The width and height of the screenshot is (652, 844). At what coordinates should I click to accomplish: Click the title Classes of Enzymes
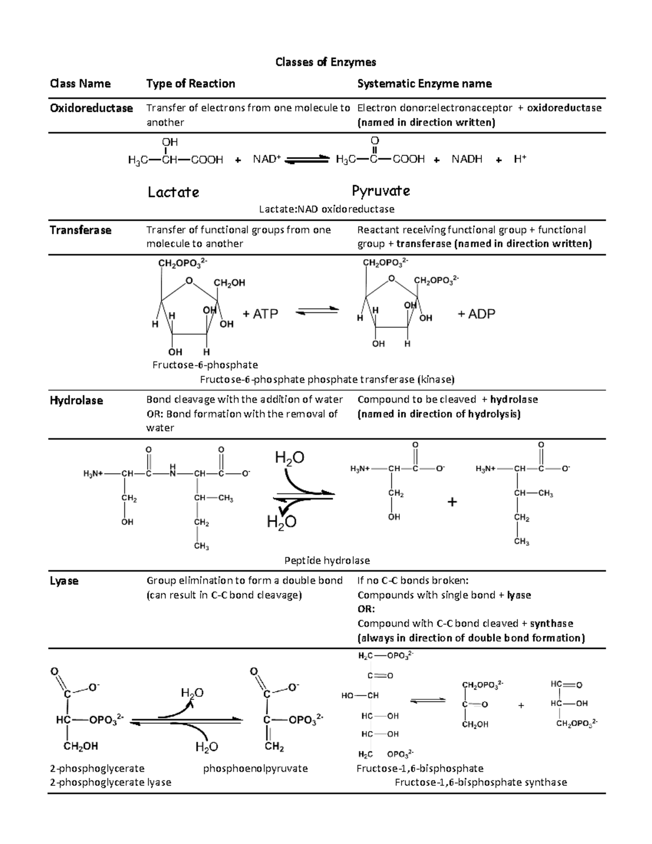pos(325,62)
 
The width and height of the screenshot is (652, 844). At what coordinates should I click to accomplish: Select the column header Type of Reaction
pos(190,84)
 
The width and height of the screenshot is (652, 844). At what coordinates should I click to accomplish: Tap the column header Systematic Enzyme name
pos(424,84)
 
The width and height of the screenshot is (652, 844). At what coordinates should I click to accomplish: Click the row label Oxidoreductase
pos(91,108)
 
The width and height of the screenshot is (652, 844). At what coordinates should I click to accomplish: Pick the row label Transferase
pos(80,230)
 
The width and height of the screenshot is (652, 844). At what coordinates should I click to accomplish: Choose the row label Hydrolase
pos(76,401)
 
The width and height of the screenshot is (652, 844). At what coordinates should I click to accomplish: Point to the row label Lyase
pos(64,581)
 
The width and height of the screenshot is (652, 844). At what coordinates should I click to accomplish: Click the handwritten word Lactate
pos(173,192)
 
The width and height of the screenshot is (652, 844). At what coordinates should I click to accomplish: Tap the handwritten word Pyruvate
pos(380,191)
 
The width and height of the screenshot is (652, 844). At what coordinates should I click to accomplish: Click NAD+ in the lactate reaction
pos(267,159)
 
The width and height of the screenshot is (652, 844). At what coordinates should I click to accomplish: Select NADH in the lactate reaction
pos(467,159)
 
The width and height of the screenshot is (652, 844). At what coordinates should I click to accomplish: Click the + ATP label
pos(260,314)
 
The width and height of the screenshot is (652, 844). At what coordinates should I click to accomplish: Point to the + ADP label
pos(476,314)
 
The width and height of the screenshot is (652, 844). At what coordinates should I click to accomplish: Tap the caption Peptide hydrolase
pos(327,560)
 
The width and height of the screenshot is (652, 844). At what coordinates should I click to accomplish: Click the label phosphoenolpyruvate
pos(255,768)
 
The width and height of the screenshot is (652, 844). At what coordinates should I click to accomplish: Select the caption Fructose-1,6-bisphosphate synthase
pos(480,783)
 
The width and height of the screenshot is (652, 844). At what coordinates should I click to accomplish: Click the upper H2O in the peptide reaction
pos(290,458)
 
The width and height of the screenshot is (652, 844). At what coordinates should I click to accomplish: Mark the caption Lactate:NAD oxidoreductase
pos(326,209)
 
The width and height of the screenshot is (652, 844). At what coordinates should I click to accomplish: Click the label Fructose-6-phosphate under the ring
pos(205,365)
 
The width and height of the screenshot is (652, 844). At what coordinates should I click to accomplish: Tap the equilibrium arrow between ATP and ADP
pos(317,311)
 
